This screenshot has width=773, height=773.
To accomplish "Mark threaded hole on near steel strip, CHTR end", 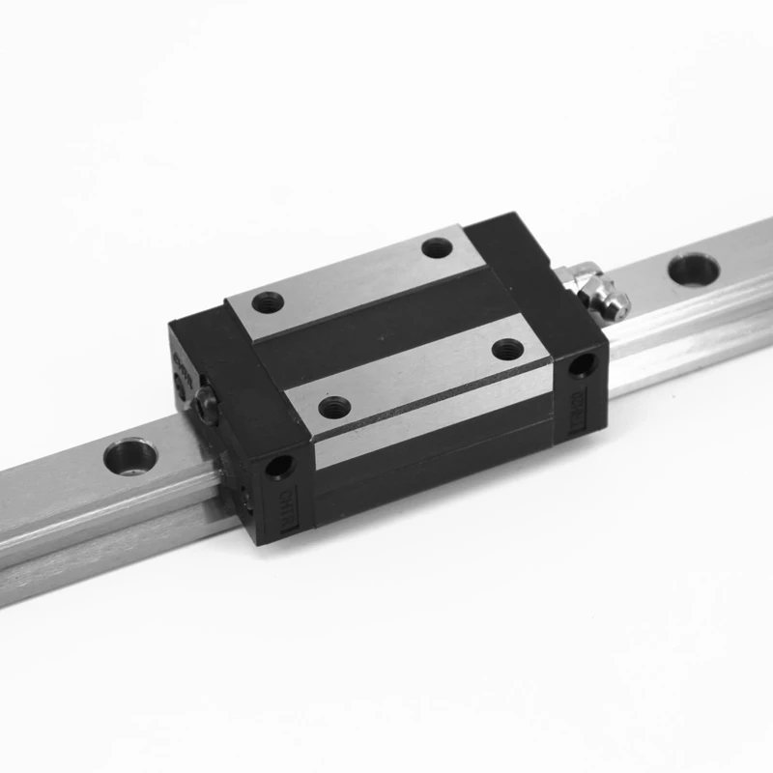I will click(333, 407).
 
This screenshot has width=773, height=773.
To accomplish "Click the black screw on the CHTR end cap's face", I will click(204, 410).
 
